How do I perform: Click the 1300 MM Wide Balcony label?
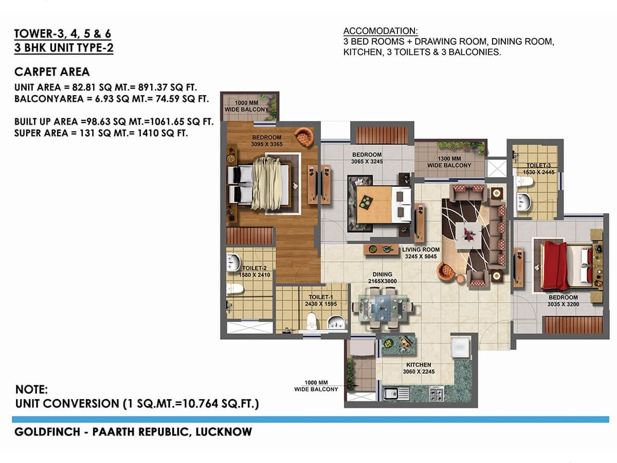[x=449, y=162]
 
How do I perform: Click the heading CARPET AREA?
[x=52, y=72]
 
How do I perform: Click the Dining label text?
[x=382, y=274]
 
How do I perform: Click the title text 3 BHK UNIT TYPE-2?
[x=64, y=48]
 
